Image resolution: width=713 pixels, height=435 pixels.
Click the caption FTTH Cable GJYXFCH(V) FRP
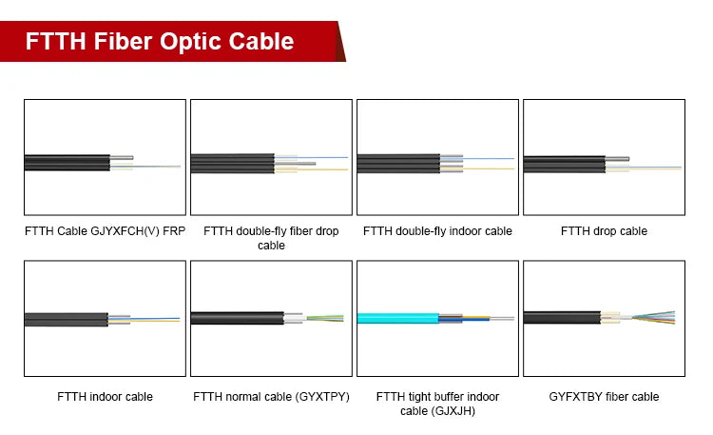pyautogui.click(x=105, y=231)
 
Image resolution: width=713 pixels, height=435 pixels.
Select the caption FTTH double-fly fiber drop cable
pyautogui.click(x=271, y=238)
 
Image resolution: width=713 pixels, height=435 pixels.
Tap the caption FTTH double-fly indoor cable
pyautogui.click(x=437, y=231)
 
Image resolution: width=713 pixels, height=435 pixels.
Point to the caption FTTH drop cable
pyautogui.click(x=604, y=231)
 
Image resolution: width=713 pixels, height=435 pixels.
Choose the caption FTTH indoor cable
pyautogui.click(x=105, y=396)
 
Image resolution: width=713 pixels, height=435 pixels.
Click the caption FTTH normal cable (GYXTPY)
pyautogui.click(x=271, y=396)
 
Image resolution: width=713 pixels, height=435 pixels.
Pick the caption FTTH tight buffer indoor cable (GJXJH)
pyautogui.click(x=437, y=404)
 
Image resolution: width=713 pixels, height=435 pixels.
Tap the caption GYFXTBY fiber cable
pyautogui.click(x=604, y=396)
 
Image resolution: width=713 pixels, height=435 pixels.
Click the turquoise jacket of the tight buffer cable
pyautogui.click(x=395, y=318)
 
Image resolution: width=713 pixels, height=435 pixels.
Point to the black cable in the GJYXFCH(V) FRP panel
pyautogui.click(x=67, y=163)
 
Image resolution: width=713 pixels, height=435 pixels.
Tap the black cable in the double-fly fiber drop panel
pyautogui.click(x=233, y=164)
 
